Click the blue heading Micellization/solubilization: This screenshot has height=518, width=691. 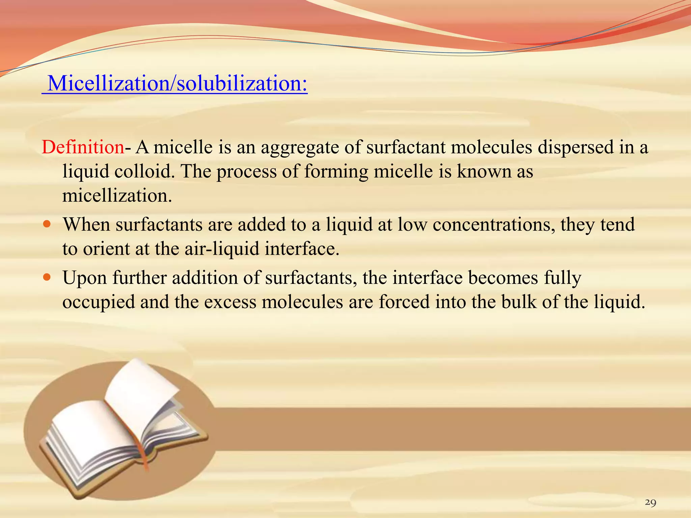(x=177, y=83)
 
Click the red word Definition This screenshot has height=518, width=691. (x=83, y=147)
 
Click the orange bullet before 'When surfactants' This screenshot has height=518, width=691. (x=47, y=224)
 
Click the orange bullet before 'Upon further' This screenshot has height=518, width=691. (x=47, y=277)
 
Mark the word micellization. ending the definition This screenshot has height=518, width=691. (x=117, y=196)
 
